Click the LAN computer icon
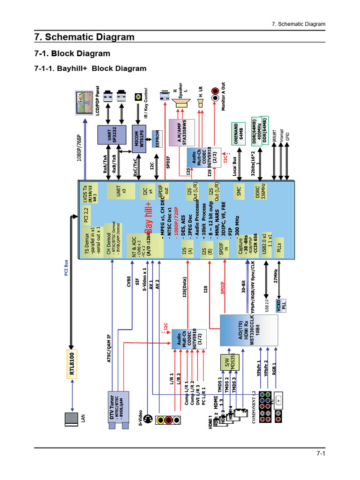(72, 420)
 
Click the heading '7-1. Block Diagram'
(72, 53)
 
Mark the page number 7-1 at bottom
(320, 453)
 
